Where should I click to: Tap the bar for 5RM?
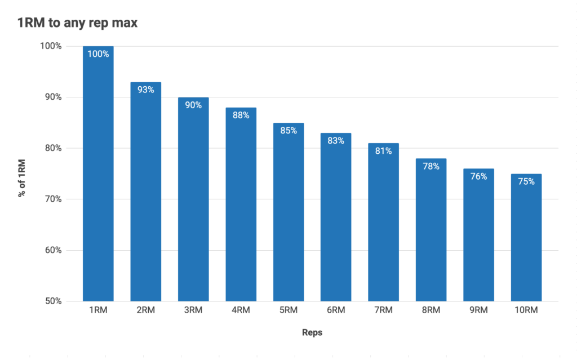pyautogui.click(x=288, y=214)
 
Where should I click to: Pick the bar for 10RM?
pyautogui.click(x=526, y=239)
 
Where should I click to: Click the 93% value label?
pyautogui.click(x=146, y=90)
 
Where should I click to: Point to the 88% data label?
pyautogui.click(x=241, y=115)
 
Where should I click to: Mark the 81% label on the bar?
pyautogui.click(x=383, y=150)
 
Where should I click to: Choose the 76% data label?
pyautogui.click(x=478, y=176)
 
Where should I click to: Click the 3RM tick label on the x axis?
pyautogui.click(x=193, y=310)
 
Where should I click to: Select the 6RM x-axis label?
pyautogui.click(x=336, y=310)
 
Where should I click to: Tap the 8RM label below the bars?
pyautogui.click(x=431, y=310)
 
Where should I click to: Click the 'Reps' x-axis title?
pyautogui.click(x=312, y=332)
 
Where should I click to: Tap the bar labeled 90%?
pyautogui.click(x=193, y=203)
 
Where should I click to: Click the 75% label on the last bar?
pyautogui.click(x=526, y=181)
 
